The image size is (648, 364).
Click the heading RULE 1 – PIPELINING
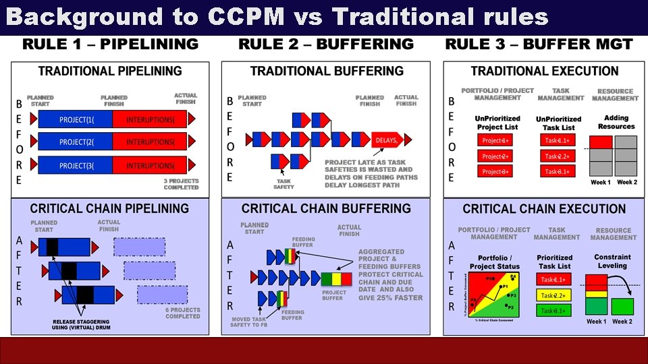pyautogui.click(x=111, y=45)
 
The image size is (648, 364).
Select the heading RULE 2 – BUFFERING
pyautogui.click(x=326, y=45)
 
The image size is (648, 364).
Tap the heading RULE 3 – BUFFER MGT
pyautogui.click(x=539, y=45)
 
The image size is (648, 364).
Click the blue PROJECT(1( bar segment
pyautogui.click(x=76, y=120)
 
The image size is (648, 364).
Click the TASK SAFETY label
pyautogui.click(x=283, y=183)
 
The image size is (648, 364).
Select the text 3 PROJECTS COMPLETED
pyautogui.click(x=181, y=184)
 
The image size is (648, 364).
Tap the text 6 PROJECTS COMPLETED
pyautogui.click(x=182, y=313)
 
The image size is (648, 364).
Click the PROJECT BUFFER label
pyautogui.click(x=334, y=295)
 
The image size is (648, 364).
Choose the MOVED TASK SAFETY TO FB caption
pyautogui.click(x=250, y=322)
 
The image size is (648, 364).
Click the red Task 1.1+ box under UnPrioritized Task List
pyautogui.click(x=558, y=140)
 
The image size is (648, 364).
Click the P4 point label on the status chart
pyautogui.click(x=513, y=276)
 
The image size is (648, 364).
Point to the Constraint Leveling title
pyautogui.click(x=612, y=261)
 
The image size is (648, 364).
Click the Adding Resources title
pyautogui.click(x=616, y=122)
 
